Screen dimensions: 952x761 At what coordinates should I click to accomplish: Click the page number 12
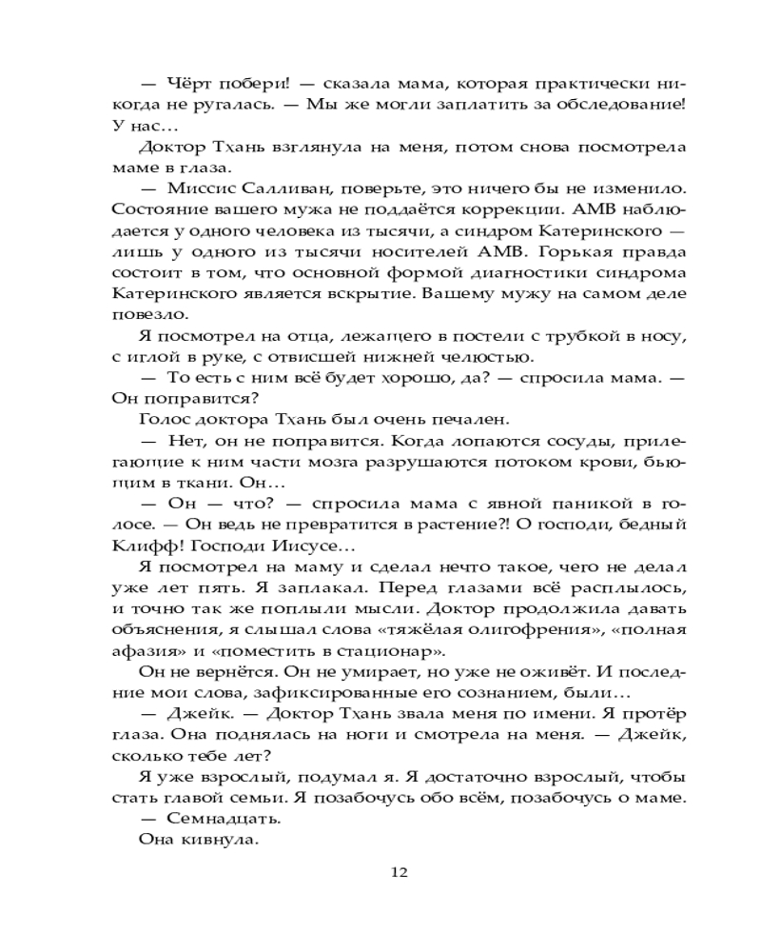(x=400, y=871)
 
